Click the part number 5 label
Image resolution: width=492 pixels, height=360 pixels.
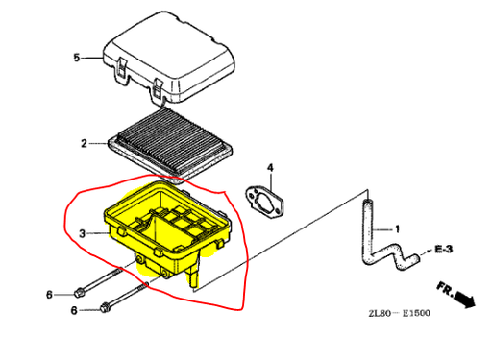pos(76,58)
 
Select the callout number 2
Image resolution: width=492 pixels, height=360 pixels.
pos(84,143)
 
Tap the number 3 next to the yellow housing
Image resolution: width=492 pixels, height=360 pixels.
pos(83,233)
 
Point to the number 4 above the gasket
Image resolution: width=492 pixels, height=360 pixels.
pos(270,168)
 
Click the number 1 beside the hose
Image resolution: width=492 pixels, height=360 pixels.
pos(397,229)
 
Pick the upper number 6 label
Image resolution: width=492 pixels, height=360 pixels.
pos(49,295)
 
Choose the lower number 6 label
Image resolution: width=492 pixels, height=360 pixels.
pos(74,310)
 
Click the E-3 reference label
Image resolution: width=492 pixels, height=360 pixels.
pos(444,249)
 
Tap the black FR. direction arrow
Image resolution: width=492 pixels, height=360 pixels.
pos(464,299)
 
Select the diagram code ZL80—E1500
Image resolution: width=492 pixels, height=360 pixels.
pos(399,313)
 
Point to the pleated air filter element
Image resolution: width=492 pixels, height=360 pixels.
pos(170,146)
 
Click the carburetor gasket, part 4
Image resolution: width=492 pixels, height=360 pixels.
pos(265,203)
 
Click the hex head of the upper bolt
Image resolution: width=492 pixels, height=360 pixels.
pos(79,292)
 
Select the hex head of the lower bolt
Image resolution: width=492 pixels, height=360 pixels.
pos(105,308)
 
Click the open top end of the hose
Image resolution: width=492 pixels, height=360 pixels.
pos(368,202)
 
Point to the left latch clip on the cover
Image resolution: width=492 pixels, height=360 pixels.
pos(121,68)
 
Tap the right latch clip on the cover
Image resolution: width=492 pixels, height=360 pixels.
pos(158,89)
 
